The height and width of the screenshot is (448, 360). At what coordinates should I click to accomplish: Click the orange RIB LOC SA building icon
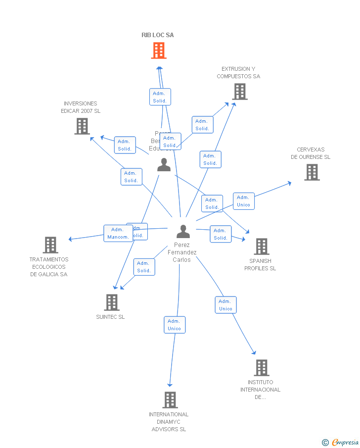click(159, 50)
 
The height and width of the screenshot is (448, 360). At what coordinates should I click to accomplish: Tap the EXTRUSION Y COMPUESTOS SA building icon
click(240, 92)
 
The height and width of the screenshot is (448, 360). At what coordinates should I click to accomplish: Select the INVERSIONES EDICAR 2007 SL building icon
click(82, 126)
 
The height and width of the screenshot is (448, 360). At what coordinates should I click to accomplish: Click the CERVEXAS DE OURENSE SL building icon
click(312, 172)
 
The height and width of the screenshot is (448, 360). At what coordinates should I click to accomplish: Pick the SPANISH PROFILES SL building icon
click(262, 247)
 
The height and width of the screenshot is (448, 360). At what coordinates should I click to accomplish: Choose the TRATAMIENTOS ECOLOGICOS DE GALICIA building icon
click(50, 245)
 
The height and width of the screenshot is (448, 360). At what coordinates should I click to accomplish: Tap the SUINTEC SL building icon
click(112, 302)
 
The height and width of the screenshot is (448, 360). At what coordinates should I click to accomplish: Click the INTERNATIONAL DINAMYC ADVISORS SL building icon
click(170, 400)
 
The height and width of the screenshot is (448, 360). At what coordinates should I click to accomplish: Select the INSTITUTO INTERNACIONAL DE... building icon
click(262, 368)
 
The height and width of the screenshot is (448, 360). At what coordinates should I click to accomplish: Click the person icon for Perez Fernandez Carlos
click(183, 232)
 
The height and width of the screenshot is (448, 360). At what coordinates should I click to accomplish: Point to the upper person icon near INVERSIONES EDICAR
click(164, 165)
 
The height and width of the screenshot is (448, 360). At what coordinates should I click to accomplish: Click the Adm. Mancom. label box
click(118, 233)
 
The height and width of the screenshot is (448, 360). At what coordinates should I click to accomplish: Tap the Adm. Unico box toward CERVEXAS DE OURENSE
click(244, 201)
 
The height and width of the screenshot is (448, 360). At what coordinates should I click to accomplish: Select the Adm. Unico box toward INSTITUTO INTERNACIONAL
click(225, 305)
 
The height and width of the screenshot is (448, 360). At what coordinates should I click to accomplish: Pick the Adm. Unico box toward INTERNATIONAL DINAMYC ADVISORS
click(175, 325)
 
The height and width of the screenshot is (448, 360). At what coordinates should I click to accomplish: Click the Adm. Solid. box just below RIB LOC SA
click(160, 97)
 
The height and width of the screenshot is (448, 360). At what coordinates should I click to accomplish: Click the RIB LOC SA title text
click(158, 35)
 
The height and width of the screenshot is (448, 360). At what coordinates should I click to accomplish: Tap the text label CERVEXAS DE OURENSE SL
click(311, 153)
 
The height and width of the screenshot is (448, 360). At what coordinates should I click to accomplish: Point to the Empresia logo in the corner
click(341, 442)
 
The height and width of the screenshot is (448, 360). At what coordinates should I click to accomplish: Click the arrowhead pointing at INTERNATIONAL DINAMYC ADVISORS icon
click(170, 385)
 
